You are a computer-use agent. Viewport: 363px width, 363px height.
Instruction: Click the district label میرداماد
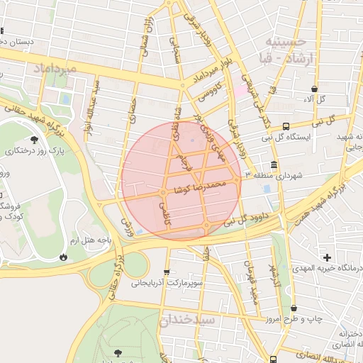(52, 67)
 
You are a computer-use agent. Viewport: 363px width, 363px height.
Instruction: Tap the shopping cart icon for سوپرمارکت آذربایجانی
(167, 272)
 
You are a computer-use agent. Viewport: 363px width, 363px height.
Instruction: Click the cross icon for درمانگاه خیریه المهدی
(326, 257)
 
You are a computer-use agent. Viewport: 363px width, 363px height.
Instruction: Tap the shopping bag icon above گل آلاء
(314, 89)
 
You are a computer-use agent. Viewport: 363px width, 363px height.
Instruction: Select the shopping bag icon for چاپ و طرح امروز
(294, 308)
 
